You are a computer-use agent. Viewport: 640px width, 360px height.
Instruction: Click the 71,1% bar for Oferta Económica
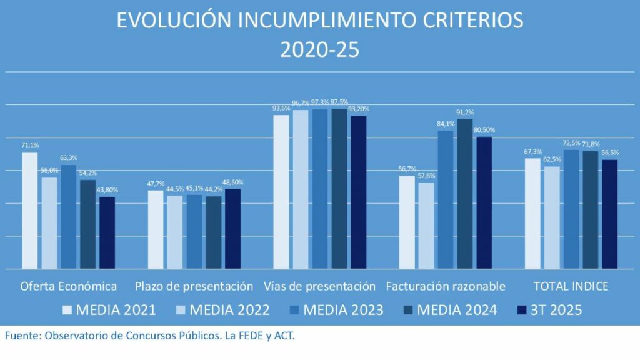click(30, 211)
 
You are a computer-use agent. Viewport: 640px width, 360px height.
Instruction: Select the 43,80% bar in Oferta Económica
click(107, 233)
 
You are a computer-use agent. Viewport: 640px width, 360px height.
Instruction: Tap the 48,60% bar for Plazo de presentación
click(232, 229)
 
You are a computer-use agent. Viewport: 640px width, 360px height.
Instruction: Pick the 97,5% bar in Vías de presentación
click(339, 189)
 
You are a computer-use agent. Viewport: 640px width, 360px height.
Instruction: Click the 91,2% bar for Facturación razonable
click(465, 194)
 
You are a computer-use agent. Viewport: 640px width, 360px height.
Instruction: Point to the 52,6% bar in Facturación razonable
click(426, 226)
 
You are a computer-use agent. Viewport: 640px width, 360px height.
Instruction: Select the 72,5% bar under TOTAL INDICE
click(571, 209)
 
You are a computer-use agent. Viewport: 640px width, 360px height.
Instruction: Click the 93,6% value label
click(281, 108)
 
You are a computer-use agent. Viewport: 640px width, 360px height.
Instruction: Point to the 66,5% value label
click(609, 152)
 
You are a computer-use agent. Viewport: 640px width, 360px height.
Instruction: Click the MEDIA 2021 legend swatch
click(69, 309)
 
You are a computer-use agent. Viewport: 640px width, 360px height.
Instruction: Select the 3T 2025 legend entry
click(550, 309)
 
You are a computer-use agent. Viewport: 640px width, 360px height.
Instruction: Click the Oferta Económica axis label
click(69, 286)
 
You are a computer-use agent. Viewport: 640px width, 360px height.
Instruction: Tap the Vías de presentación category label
click(319, 286)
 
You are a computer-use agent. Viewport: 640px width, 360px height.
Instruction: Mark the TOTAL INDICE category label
click(571, 286)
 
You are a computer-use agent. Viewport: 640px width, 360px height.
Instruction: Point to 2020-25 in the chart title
click(319, 49)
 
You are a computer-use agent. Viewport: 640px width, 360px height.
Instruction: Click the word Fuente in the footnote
click(22, 336)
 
